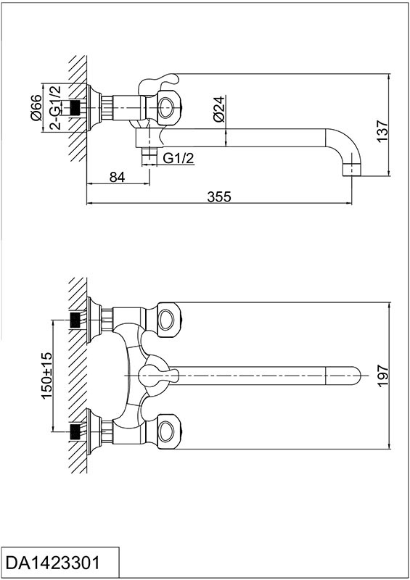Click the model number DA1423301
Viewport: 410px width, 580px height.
click(53, 563)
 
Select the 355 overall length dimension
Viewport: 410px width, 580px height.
click(219, 196)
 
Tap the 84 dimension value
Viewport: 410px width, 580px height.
click(118, 177)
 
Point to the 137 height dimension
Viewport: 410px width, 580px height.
click(382, 130)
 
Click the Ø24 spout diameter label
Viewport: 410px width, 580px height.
click(219, 109)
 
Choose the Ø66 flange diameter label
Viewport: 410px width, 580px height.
click(36, 107)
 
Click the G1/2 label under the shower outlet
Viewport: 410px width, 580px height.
click(179, 158)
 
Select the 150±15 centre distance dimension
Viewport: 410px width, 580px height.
click(47, 375)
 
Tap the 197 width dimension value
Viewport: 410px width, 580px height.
click(382, 376)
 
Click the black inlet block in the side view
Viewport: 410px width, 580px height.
click(75, 107)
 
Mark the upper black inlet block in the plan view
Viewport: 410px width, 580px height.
click(75, 320)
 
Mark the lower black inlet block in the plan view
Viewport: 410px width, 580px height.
click(75, 431)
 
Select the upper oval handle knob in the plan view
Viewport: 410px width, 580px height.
click(170, 320)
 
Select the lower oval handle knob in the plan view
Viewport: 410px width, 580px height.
click(170, 431)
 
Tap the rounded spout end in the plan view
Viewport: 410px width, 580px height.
click(343, 376)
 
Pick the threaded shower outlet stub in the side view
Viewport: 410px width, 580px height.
click(149, 155)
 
